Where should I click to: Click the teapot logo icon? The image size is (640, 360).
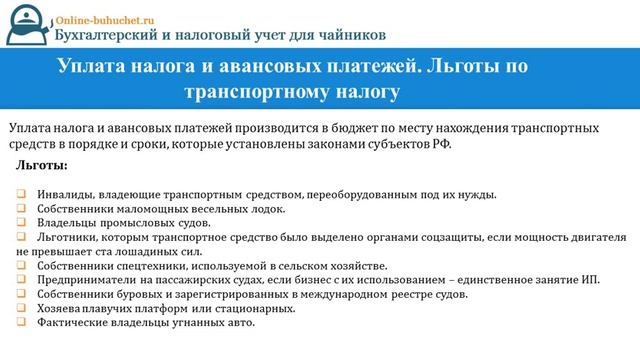29,25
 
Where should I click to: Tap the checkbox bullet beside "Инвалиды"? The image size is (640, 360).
21,194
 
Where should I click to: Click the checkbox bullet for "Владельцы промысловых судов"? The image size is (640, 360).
21,222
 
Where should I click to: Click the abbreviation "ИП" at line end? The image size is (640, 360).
589,280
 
